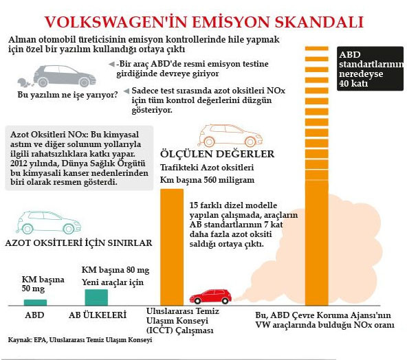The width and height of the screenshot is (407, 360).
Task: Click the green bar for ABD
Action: click(x=35, y=302)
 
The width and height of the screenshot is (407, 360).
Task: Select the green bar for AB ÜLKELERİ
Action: click(x=96, y=297)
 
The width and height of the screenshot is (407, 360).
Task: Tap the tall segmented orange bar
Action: click(x=318, y=172)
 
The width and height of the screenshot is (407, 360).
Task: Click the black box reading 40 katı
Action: click(x=370, y=69)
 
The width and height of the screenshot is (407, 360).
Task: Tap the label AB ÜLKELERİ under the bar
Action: click(x=98, y=315)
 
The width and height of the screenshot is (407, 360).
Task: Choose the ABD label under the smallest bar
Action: click(x=34, y=315)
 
